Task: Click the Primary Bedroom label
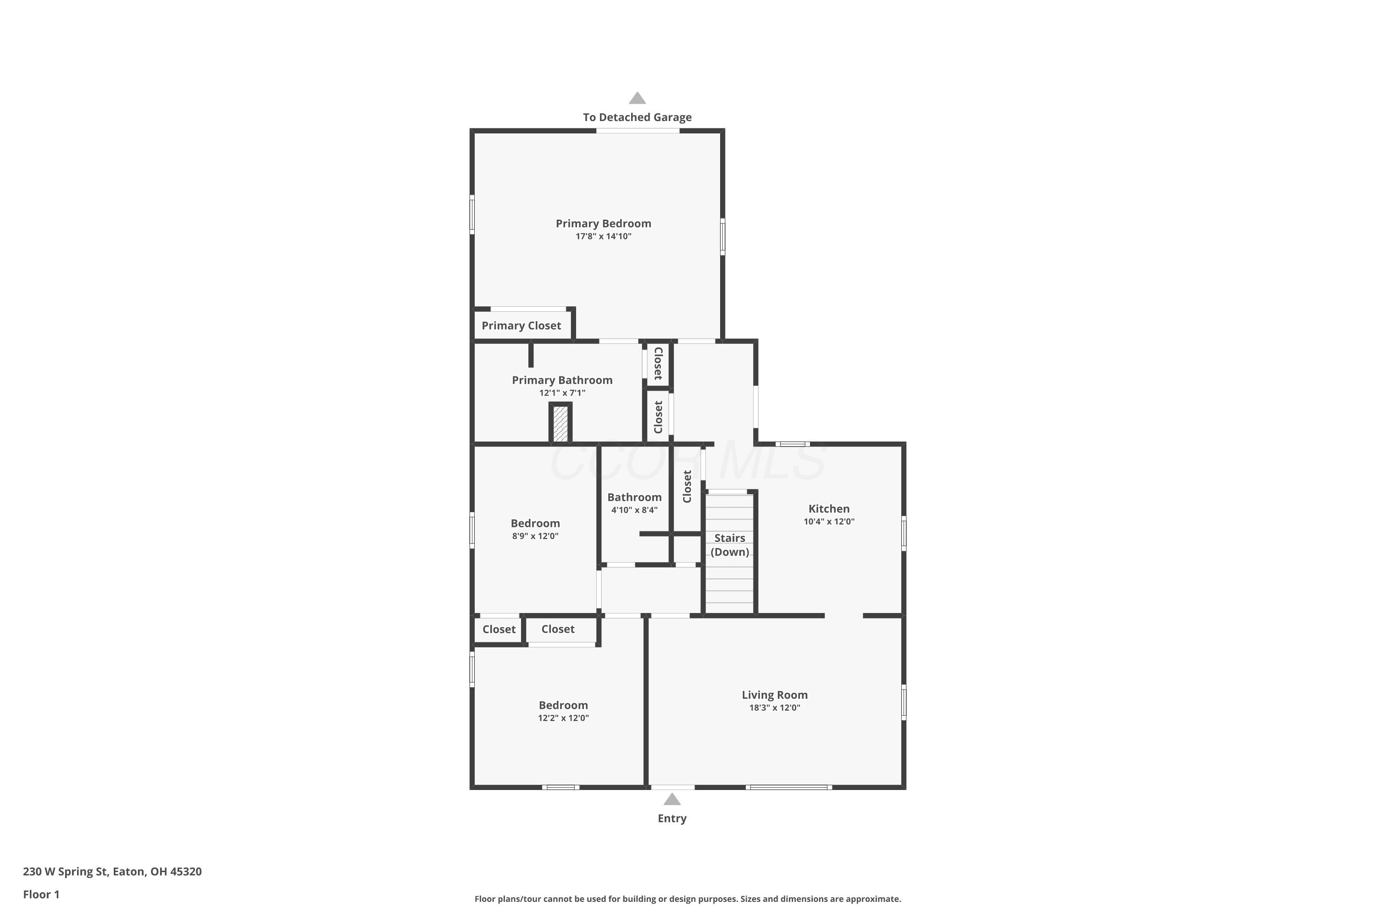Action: coord(603,223)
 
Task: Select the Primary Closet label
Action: coord(521,326)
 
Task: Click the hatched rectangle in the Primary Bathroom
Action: coord(560,423)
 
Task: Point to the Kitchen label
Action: coord(828,509)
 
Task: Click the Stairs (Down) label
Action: coord(730,545)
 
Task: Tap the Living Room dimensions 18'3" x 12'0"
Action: coord(774,707)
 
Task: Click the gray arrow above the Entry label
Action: coord(671,800)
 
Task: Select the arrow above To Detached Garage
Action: coord(637,98)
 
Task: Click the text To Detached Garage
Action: coord(637,117)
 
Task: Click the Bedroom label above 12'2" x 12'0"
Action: coord(563,705)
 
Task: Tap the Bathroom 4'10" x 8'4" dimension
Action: coord(634,510)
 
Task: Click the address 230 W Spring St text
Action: coord(112,872)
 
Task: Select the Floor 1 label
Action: coord(41,894)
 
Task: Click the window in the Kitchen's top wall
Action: coord(792,444)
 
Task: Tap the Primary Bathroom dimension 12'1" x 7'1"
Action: coord(561,393)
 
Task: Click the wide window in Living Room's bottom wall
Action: coord(788,787)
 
